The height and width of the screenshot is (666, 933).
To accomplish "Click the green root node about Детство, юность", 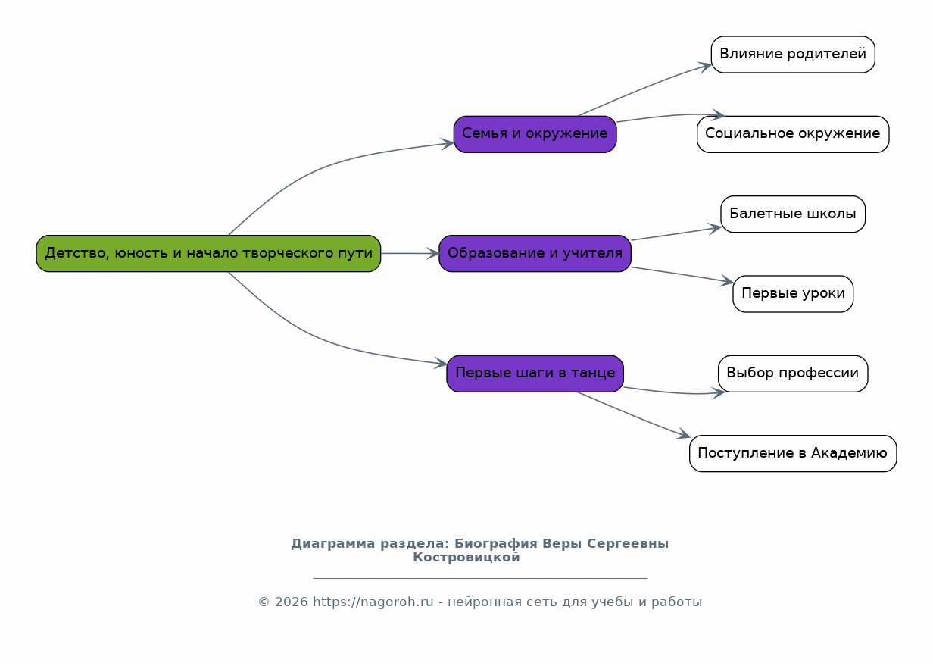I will pyautogui.click(x=208, y=254).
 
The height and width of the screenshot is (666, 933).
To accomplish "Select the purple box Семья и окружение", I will pyautogui.click(x=535, y=134).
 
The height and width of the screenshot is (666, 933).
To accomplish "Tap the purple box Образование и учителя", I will pyautogui.click(x=535, y=254).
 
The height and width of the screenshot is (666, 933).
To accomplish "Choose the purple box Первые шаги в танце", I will pyautogui.click(x=535, y=374).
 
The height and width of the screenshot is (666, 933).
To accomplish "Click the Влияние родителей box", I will pyautogui.click(x=793, y=55).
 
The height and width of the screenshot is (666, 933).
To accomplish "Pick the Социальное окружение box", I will pyautogui.click(x=793, y=134).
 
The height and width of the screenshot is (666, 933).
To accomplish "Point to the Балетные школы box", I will pyautogui.click(x=793, y=214).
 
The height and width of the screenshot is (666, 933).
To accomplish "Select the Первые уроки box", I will pyautogui.click(x=793, y=294).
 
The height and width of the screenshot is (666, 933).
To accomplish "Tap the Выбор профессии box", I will pyautogui.click(x=793, y=374).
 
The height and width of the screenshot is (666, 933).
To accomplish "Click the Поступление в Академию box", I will pyautogui.click(x=793, y=454).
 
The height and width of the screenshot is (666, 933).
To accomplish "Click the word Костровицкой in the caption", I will pyautogui.click(x=466, y=558).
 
